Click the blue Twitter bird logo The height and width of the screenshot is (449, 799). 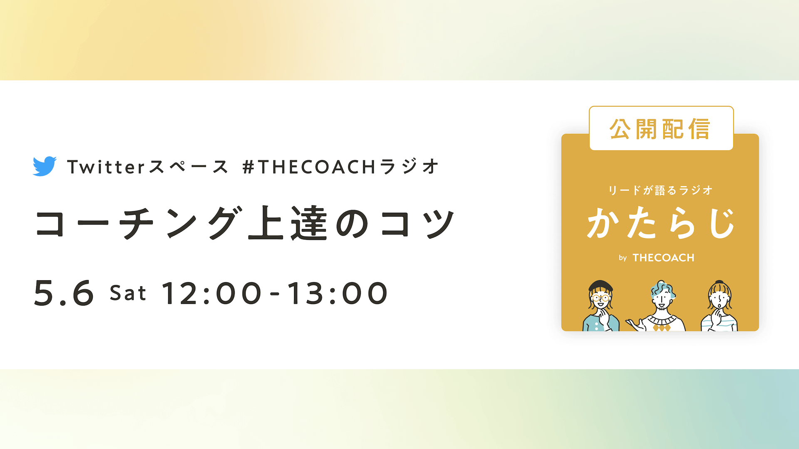tap(45, 166)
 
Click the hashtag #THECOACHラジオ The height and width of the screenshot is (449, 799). tap(340, 167)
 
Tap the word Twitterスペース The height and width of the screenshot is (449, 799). tap(148, 167)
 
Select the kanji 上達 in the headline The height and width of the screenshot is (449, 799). tap(287, 223)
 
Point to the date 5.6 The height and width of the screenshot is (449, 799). tap(64, 293)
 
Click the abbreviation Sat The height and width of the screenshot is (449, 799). tap(128, 293)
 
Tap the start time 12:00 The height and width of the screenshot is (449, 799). tap(212, 293)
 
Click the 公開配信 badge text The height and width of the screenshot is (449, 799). tap(660, 129)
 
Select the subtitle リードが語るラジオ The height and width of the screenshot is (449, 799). tap(660, 190)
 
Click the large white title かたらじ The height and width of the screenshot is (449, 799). tap(660, 223)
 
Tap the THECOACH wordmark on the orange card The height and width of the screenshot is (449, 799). tap(663, 258)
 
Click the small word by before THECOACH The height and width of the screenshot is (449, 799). tap(623, 258)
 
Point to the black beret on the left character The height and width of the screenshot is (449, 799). tap(601, 286)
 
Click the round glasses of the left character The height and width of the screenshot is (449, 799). tap(600, 298)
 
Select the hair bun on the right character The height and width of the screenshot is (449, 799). tap(720, 282)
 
